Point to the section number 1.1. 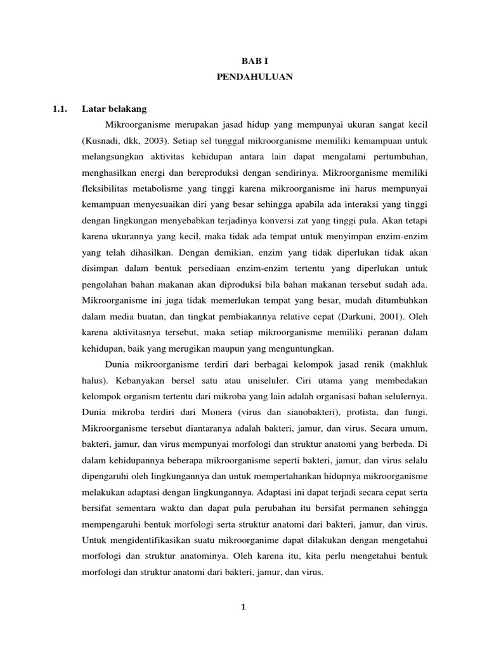[x=60, y=109]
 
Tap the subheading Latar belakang [x=114, y=109]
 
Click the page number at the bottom [x=243, y=607]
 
